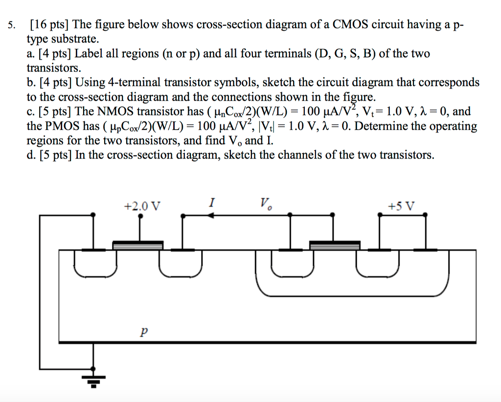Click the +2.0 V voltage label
coord(142,206)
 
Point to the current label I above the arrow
coord(211,202)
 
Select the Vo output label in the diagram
coord(266,203)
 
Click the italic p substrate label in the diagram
coord(143,332)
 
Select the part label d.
coord(31,155)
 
